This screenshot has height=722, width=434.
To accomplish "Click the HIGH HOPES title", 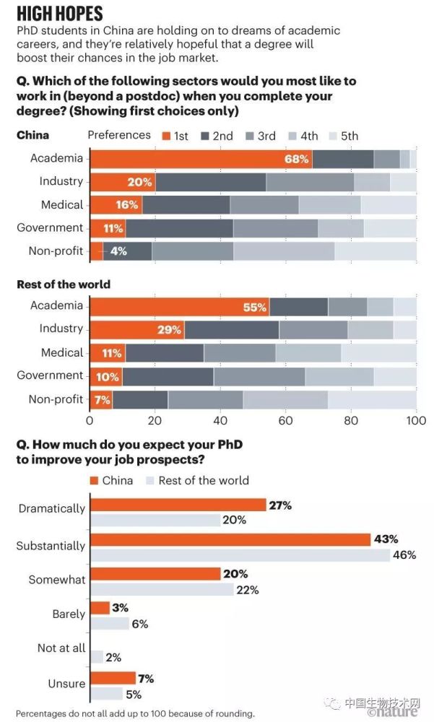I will [59, 13].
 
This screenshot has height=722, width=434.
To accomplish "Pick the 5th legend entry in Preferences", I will [342, 136].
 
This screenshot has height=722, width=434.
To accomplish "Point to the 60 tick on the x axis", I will [285, 420].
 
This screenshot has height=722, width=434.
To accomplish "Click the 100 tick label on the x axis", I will [416, 420].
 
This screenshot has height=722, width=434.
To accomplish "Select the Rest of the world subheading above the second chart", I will [64, 284].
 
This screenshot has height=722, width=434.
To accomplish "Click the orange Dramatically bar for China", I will [178, 505].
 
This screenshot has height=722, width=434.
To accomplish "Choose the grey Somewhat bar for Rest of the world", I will [162, 589].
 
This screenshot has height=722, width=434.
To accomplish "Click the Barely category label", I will [69, 614].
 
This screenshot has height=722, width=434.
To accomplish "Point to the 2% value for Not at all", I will [114, 658].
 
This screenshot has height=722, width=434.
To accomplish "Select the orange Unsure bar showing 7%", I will [113, 678].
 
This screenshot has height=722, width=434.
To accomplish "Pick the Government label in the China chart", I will [50, 228].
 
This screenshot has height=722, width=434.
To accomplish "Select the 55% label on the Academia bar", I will [254, 306].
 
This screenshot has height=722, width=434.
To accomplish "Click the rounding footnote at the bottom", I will [135, 713].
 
